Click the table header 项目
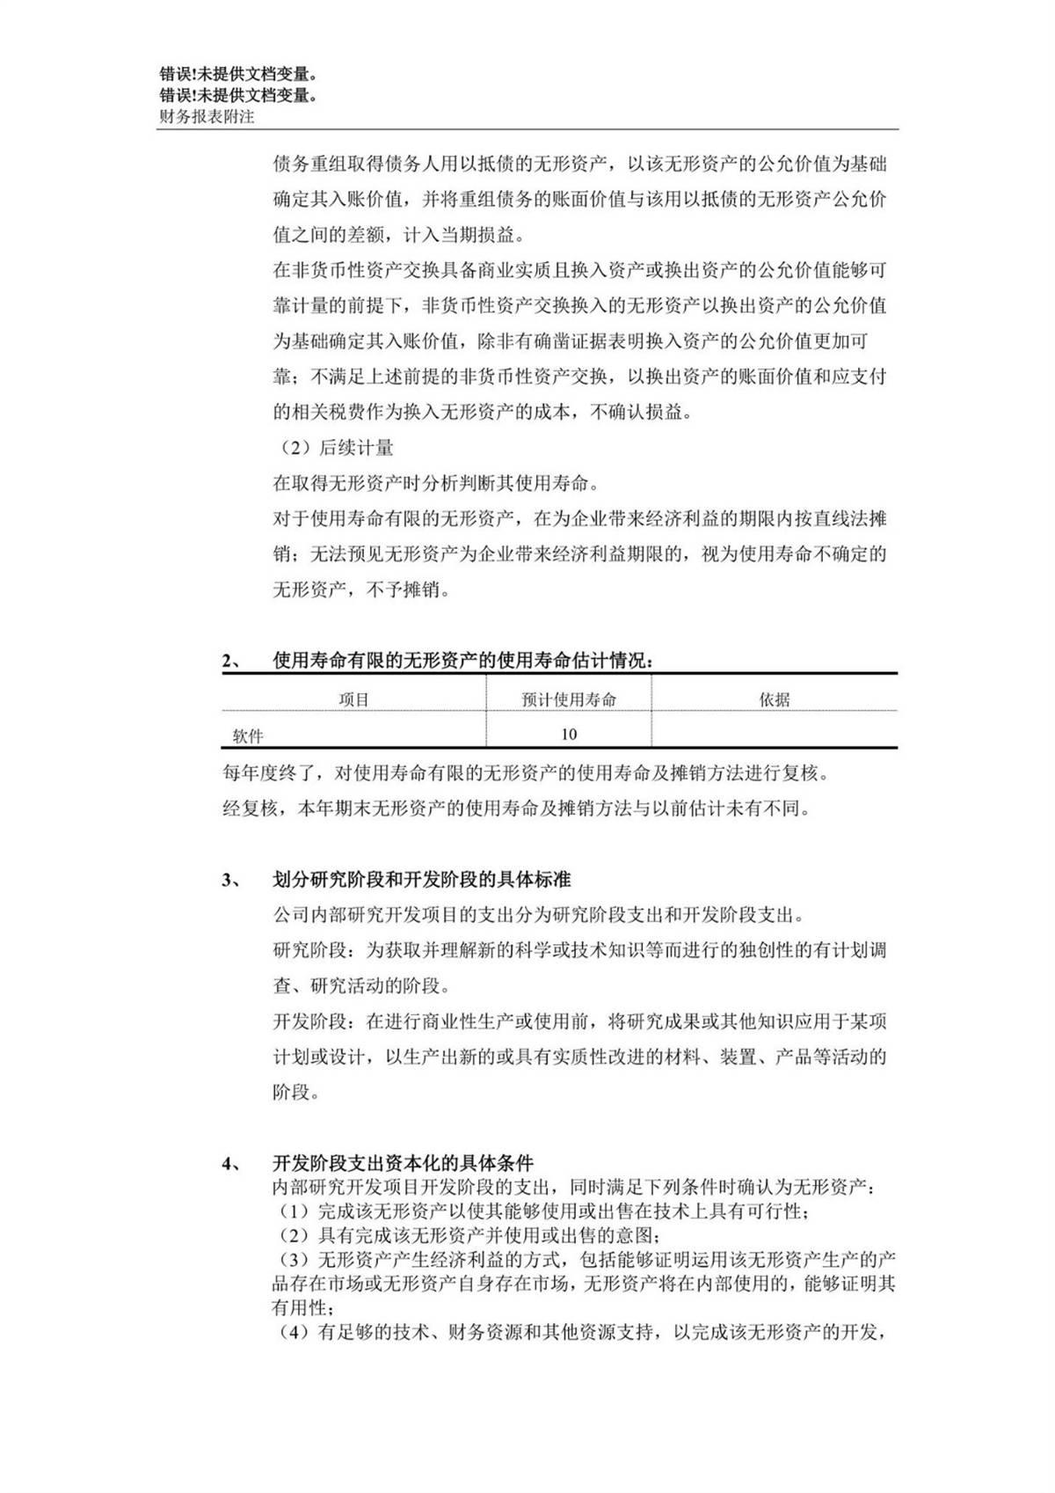(x=353, y=699)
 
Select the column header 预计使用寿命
(x=569, y=699)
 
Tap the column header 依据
(x=775, y=699)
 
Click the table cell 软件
(x=248, y=735)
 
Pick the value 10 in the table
(x=569, y=734)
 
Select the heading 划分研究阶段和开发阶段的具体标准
(x=422, y=880)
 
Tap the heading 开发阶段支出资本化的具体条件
(x=404, y=1163)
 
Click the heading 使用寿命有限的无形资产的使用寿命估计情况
(x=462, y=661)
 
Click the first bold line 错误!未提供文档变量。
(x=238, y=76)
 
